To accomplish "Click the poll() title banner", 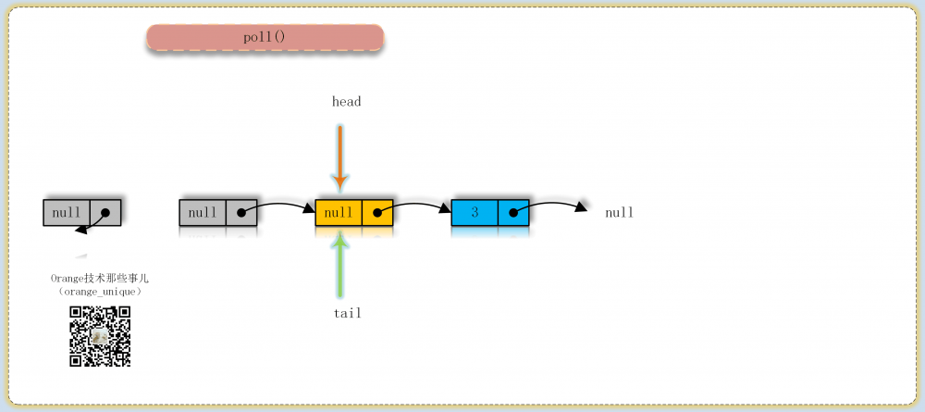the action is coord(265,37).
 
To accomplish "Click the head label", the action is coord(346,102).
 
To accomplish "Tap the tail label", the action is coord(347,313).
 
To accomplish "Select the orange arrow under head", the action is coord(339,158).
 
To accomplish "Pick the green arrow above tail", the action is coord(339,263).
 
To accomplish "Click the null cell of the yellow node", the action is coord(339,213).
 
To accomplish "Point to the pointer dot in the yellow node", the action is coord(377,213).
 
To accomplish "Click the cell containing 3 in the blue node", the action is coord(475,213).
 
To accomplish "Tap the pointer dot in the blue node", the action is coord(513,213).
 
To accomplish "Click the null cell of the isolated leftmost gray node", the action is coord(67,213).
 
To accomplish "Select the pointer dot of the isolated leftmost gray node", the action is coord(105,213).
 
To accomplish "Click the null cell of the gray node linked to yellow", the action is coord(203,213).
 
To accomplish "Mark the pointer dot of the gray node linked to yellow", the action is coord(240,213).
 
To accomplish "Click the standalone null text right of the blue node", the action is coord(620,213).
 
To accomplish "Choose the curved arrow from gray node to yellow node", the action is coord(278,206).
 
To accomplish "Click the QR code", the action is coord(100,336).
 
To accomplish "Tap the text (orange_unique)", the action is coord(100,292).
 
